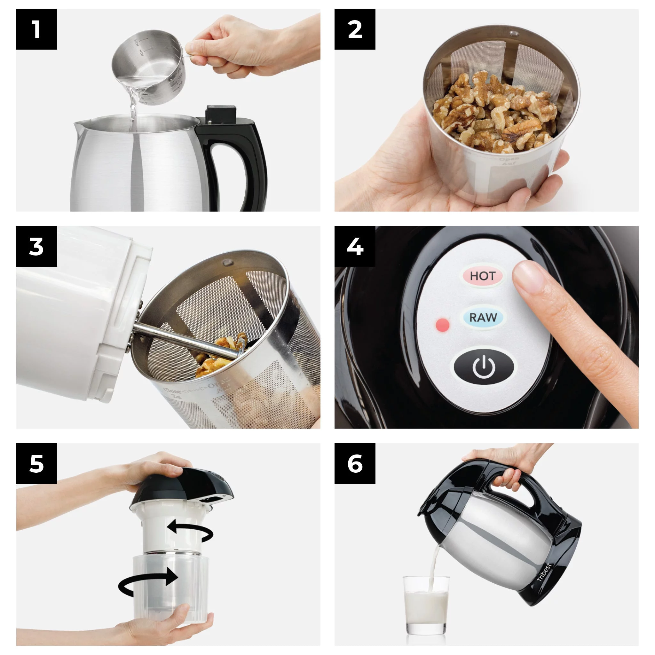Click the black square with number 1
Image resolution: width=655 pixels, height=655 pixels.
36,29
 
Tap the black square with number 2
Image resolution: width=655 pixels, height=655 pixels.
355,29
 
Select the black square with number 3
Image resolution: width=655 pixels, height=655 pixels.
36,246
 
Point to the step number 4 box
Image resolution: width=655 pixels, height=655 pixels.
355,246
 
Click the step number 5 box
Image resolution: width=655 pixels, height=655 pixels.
36,463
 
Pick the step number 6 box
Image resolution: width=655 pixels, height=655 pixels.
355,463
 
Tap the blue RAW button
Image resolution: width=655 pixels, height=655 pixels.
483,318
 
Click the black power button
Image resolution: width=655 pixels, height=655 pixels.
484,367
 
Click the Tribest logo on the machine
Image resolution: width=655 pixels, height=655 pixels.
544,572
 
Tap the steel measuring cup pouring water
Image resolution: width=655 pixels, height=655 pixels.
149,63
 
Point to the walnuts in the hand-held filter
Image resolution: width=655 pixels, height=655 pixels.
495,112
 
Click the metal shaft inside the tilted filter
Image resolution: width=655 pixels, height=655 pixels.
183,341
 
